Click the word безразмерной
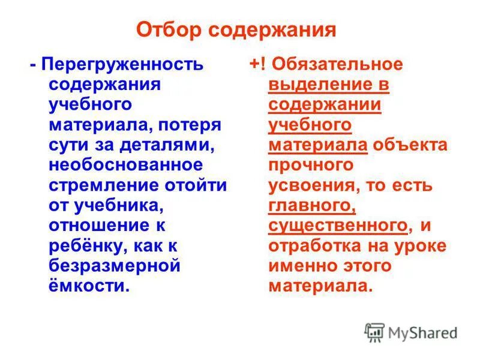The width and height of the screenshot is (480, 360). [x=115, y=266]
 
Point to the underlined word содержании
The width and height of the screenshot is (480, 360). [x=325, y=104]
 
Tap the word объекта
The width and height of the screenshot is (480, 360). [x=410, y=145]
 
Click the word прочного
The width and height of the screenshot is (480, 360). [x=310, y=164]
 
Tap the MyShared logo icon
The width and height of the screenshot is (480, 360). [x=374, y=332]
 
